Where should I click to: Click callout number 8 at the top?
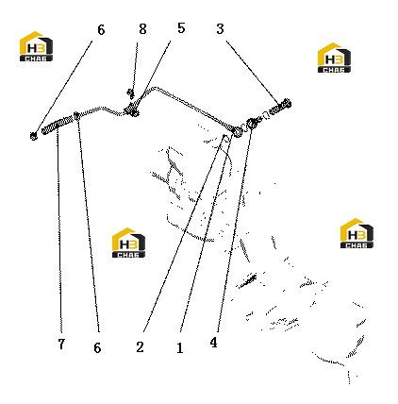tap(142, 29)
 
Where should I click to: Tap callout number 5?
tap(181, 28)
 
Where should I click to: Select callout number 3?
tap(220, 29)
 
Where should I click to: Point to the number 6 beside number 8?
tap(101, 30)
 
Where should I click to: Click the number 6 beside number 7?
tap(97, 347)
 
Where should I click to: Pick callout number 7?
tap(61, 344)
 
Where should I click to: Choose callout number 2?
tap(140, 347)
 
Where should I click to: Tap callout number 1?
tap(180, 348)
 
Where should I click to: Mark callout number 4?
tap(214, 343)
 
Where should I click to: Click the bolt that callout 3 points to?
tap(281, 107)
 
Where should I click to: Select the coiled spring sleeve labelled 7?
tap(58, 125)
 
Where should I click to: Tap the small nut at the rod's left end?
tap(34, 136)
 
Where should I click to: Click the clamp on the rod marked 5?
tap(132, 109)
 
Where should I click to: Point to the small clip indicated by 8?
tap(130, 93)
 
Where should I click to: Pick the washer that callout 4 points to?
tap(252, 124)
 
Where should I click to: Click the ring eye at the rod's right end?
tap(237, 131)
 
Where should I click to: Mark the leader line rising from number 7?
tap(58, 232)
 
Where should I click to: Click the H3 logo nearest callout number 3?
tap(334, 58)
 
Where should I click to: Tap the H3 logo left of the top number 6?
tap(36, 46)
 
